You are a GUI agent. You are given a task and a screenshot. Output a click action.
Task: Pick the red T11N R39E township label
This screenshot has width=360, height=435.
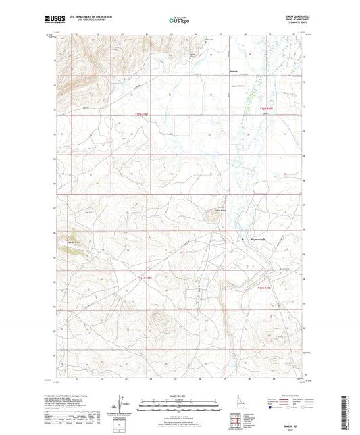268,288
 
